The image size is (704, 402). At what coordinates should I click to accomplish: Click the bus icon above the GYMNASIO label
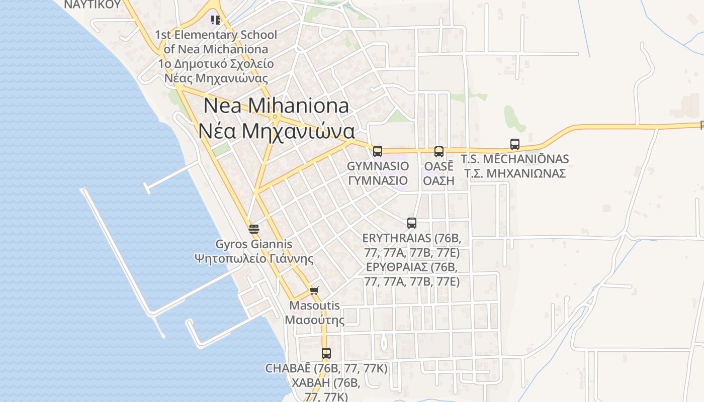tap(378, 151)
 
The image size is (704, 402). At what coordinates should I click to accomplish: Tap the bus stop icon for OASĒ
tap(439, 151)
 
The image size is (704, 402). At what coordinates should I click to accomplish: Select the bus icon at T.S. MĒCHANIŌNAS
tap(515, 144)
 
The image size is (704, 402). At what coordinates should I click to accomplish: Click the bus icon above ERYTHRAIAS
tap(412, 223)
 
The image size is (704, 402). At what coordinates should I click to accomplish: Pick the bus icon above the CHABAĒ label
tap(326, 353)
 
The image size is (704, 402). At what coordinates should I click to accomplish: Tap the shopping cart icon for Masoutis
tap(314, 290)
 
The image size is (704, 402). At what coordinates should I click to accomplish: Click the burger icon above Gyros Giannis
tap(254, 229)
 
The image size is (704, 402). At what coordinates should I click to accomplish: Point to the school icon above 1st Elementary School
tap(216, 20)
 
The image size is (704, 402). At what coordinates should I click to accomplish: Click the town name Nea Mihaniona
tap(276, 106)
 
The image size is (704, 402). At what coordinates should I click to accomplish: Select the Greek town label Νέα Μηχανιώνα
tap(276, 131)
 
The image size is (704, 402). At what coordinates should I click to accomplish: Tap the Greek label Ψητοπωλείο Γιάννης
tap(254, 259)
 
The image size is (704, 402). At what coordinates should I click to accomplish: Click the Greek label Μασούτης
tap(315, 320)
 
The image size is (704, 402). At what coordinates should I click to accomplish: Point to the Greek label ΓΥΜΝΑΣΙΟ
tap(378, 180)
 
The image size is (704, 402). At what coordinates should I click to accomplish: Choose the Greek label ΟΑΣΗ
tap(438, 180)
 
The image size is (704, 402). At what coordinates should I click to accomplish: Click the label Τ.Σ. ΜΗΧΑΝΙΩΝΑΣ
tap(515, 173)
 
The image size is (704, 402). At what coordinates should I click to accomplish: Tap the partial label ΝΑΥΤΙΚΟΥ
tap(93, 5)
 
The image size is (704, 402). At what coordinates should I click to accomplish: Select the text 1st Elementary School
tap(216, 35)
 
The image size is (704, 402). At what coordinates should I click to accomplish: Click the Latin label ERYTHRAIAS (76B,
tap(412, 238)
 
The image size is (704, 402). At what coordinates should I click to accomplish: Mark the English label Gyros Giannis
tap(254, 244)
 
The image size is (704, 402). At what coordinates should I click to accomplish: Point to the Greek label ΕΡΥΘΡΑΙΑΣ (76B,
tap(412, 266)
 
